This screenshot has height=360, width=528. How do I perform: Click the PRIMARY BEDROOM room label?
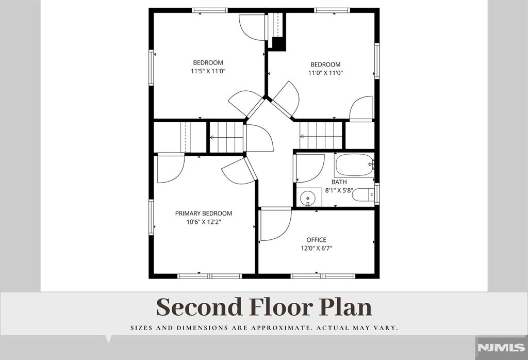203,213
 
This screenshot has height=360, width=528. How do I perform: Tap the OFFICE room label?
316,240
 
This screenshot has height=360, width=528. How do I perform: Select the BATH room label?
339,182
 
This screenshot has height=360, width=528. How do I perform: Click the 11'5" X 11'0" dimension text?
208,71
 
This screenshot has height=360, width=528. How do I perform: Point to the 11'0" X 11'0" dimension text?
325,73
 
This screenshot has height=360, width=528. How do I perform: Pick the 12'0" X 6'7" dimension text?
316,249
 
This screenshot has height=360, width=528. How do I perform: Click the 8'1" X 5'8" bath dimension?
339,190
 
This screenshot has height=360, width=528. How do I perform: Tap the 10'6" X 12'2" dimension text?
203,222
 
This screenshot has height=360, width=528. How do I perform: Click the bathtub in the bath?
354,165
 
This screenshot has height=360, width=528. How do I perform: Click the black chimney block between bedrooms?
279,44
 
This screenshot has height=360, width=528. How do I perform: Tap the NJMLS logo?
502,348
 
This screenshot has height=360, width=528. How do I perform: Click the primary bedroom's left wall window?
151,217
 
